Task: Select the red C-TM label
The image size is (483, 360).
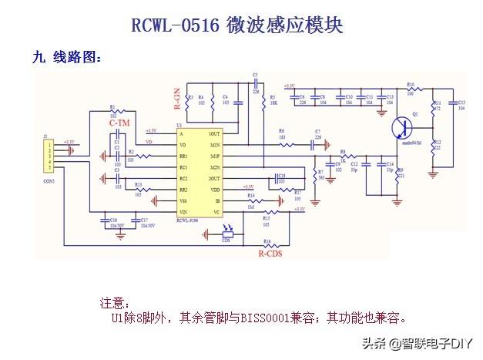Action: point(119,123)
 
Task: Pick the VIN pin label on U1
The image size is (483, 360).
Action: point(183,211)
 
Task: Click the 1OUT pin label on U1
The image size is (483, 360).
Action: point(213,133)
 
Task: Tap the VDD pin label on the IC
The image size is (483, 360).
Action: point(215,189)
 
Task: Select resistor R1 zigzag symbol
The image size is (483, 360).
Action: point(113,113)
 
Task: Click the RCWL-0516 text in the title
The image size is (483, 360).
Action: point(176,26)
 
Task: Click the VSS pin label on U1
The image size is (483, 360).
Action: point(183,200)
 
